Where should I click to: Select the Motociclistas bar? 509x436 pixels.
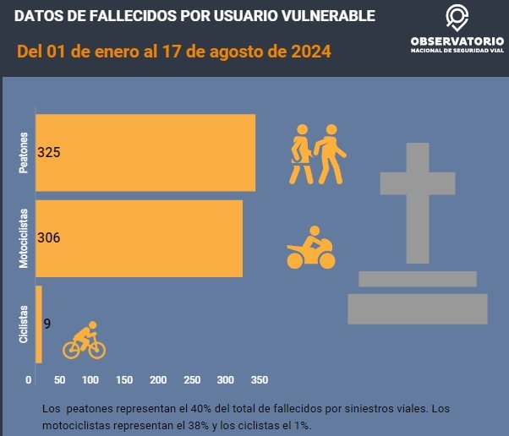click(140, 238)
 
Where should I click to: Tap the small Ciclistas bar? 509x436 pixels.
click(39, 314)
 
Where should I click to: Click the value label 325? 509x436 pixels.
click(49, 153)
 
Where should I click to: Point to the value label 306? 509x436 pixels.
click(49, 238)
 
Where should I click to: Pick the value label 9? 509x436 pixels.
click(47, 323)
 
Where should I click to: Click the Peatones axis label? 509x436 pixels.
click(24, 153)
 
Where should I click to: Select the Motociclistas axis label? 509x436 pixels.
click(24, 238)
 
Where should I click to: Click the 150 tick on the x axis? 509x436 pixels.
click(123, 379)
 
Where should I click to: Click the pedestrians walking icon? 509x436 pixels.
click(318, 154)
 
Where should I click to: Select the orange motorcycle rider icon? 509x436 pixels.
click(310, 248)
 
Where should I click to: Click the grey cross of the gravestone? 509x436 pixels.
click(418, 203)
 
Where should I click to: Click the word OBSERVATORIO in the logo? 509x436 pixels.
click(457, 41)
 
